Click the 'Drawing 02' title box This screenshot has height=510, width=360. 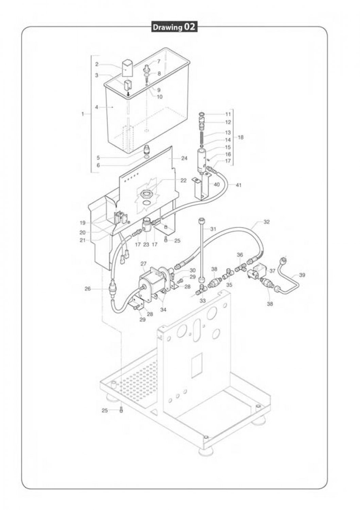(174, 27)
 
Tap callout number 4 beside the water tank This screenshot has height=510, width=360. (97, 107)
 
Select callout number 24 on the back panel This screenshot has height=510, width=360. (184, 158)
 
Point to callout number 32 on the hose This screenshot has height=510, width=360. (267, 222)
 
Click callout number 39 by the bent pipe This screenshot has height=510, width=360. (302, 275)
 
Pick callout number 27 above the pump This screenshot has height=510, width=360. (143, 263)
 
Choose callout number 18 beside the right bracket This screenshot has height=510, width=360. (241, 138)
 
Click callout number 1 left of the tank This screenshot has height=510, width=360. (83, 114)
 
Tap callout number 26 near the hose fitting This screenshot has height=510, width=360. (88, 289)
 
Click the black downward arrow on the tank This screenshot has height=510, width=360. (128, 93)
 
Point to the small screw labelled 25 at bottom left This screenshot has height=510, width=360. (121, 410)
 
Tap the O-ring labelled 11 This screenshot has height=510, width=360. (202, 114)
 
